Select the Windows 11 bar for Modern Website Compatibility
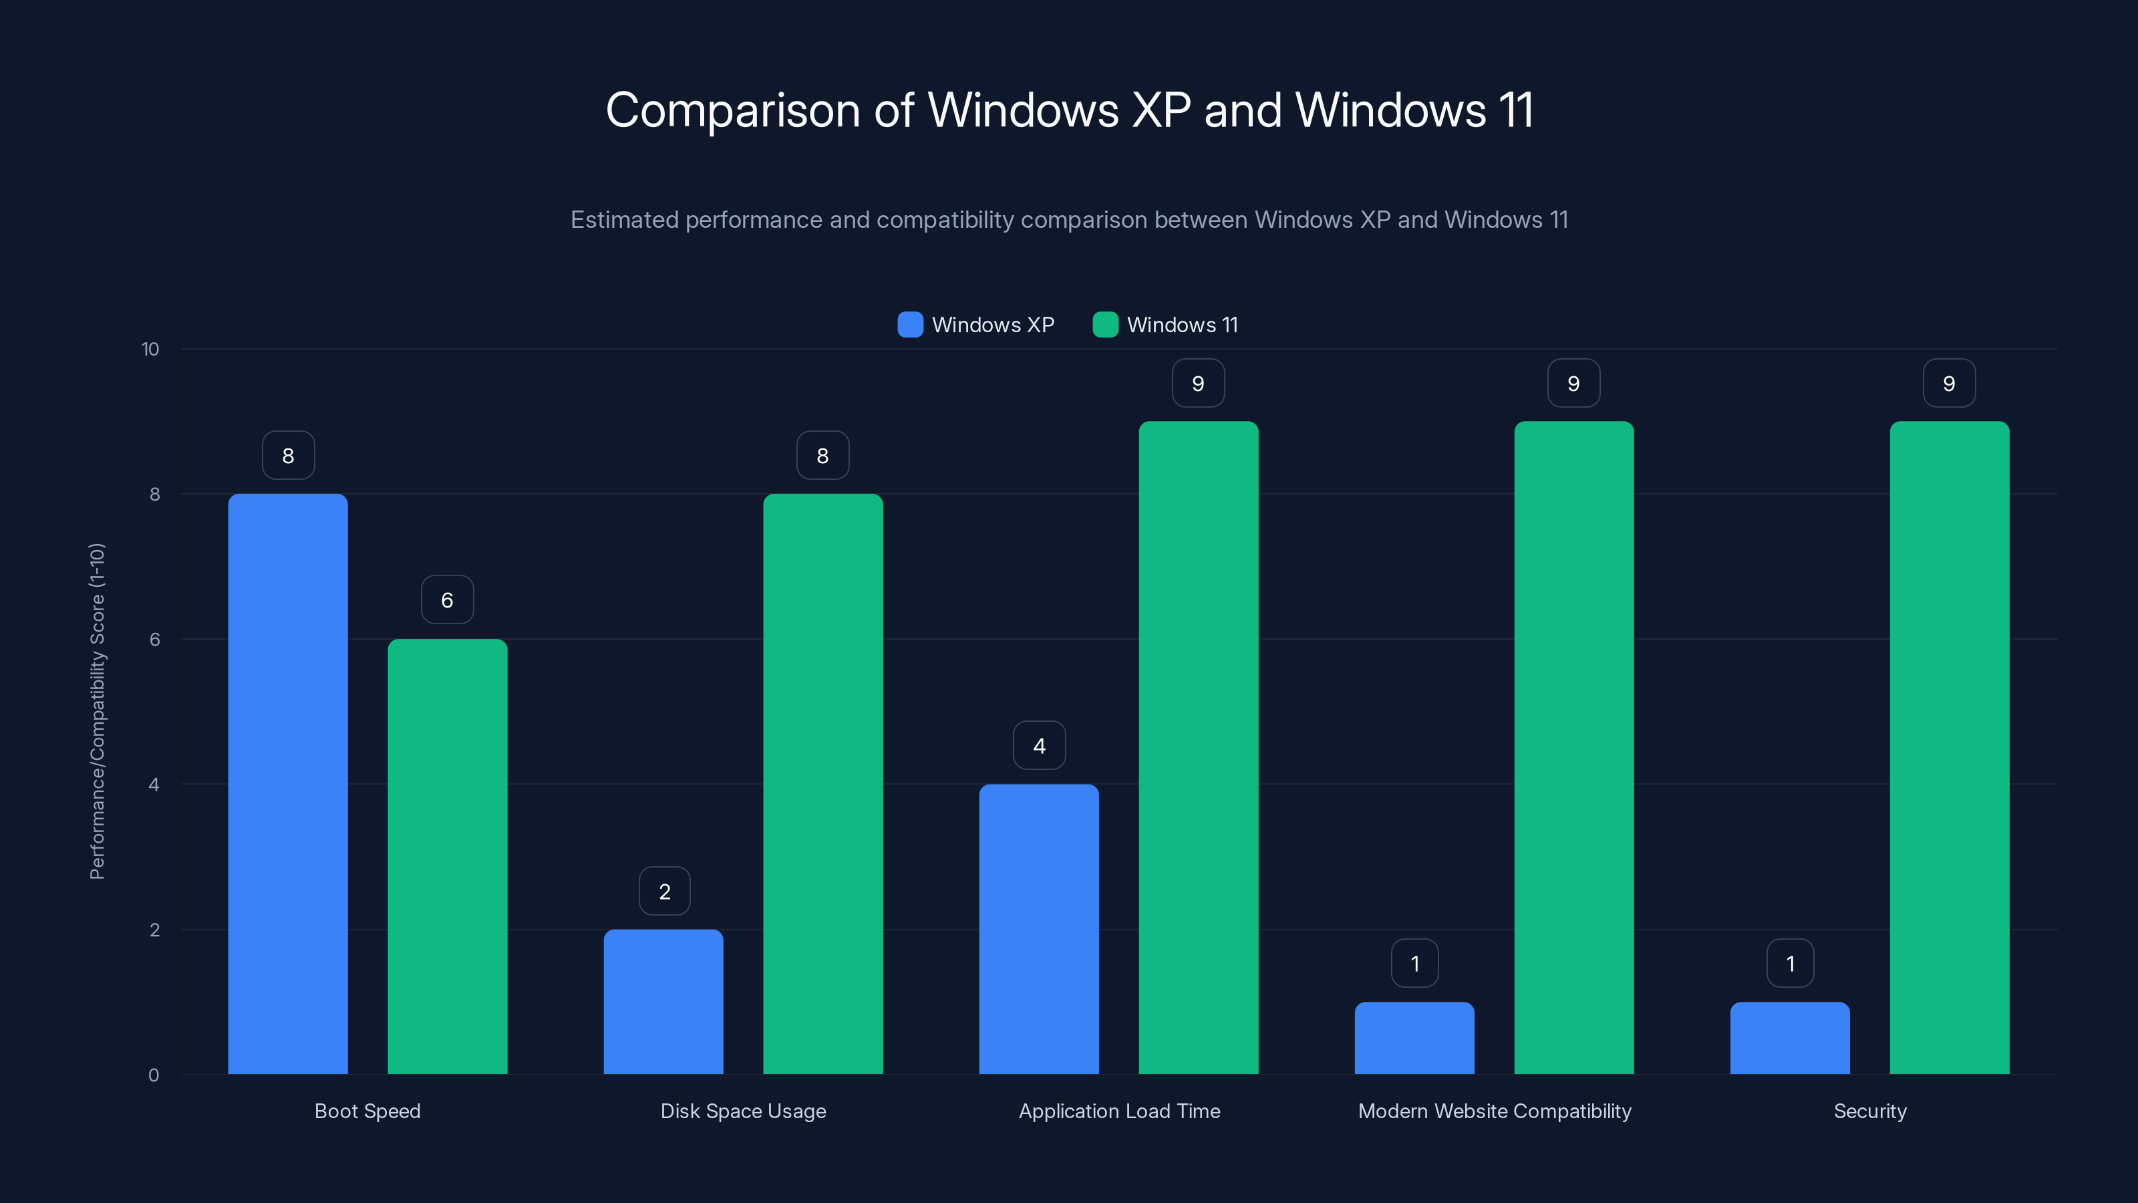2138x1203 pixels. pos(1573,747)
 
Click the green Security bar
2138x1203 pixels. pos(1949,747)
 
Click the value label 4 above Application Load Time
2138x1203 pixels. pos(1038,746)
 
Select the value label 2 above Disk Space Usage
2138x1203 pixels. pos(664,891)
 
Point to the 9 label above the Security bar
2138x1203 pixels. pos(1949,383)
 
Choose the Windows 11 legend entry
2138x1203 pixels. pos(1181,325)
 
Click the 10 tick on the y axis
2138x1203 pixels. pos(150,349)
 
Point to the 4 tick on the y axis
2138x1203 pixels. pos(154,785)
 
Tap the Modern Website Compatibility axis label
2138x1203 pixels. pos(1494,1111)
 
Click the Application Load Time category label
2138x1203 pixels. pos(1119,1111)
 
